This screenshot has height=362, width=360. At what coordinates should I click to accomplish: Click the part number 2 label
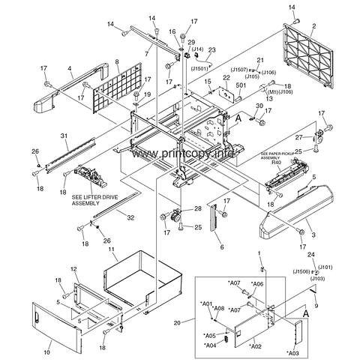[313, 26]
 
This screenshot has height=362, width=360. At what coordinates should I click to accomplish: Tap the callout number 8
[117, 62]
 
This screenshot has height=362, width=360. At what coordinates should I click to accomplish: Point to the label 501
[241, 85]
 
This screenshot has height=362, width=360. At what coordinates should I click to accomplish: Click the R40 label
[276, 163]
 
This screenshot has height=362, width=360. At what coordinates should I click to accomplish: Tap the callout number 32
[131, 217]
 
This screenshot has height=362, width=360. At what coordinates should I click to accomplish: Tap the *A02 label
[255, 347]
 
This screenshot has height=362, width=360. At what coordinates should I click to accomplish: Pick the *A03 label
[293, 352]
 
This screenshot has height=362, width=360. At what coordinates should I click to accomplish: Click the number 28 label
[198, 208]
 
